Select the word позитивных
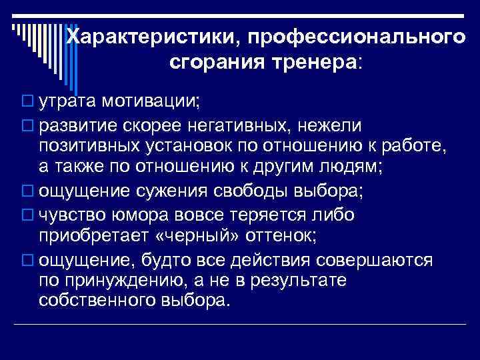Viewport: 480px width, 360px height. [x=89, y=145]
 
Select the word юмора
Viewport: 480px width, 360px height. [x=134, y=215]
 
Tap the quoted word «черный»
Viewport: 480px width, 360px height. [x=207, y=237]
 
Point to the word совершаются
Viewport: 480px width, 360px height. [x=376, y=259]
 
